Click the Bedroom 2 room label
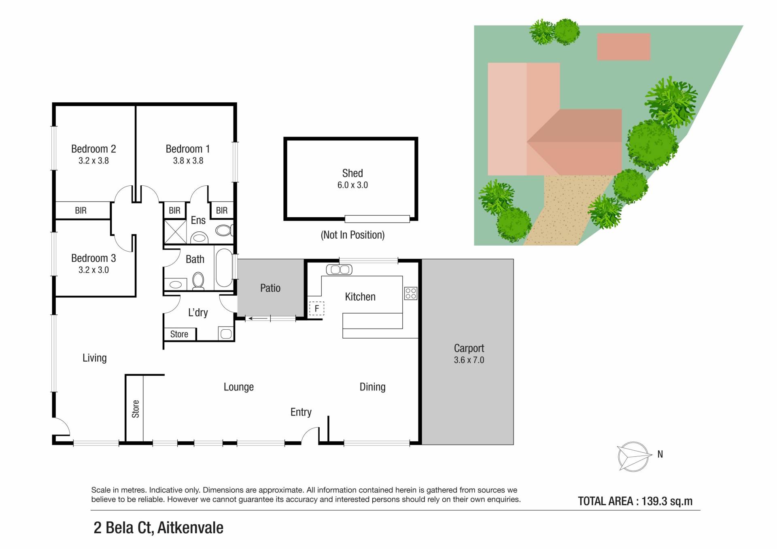coord(93,149)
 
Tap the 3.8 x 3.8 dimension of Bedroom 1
coord(188,161)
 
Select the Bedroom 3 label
coord(93,258)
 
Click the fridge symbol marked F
coord(316,309)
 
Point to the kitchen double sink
coord(339,269)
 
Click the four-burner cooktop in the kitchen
coord(411,293)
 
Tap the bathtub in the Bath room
coord(224,268)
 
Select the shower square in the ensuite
coord(175,232)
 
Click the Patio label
coord(270,288)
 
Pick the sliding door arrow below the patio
coord(258,318)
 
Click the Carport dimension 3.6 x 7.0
coord(469,360)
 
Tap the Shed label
coord(352,173)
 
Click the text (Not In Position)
coord(352,235)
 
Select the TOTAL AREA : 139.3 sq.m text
coord(635,501)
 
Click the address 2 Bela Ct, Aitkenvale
coord(158,528)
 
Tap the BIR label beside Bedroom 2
coord(81,210)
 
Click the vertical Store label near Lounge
coord(136,409)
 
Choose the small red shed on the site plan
coord(624,47)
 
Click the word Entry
coord(301,412)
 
